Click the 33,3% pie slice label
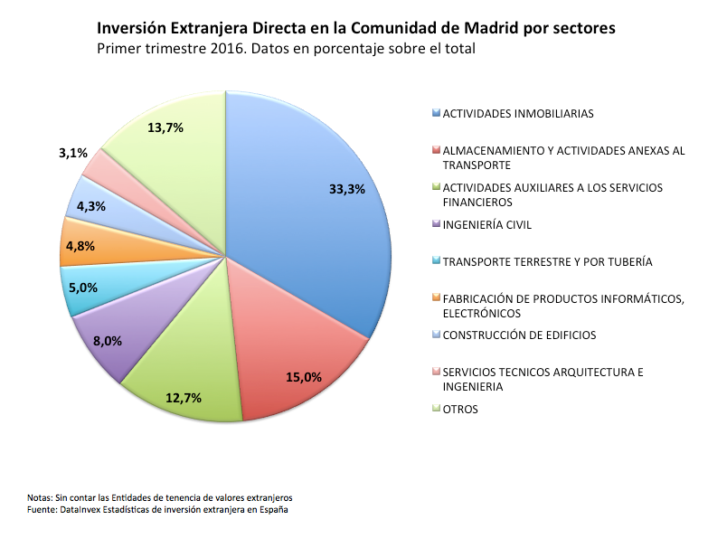[x=347, y=189]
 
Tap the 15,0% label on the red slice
[x=303, y=377]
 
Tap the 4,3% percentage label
[x=91, y=206]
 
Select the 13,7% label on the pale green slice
[x=165, y=127]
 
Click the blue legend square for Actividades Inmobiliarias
[x=437, y=114]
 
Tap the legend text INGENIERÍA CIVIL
[x=487, y=224]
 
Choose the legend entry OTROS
[x=460, y=409]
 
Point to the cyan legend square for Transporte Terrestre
[x=437, y=261]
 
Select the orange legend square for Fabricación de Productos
[x=437, y=298]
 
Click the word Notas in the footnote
[x=40, y=497]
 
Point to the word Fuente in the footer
[x=42, y=510]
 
